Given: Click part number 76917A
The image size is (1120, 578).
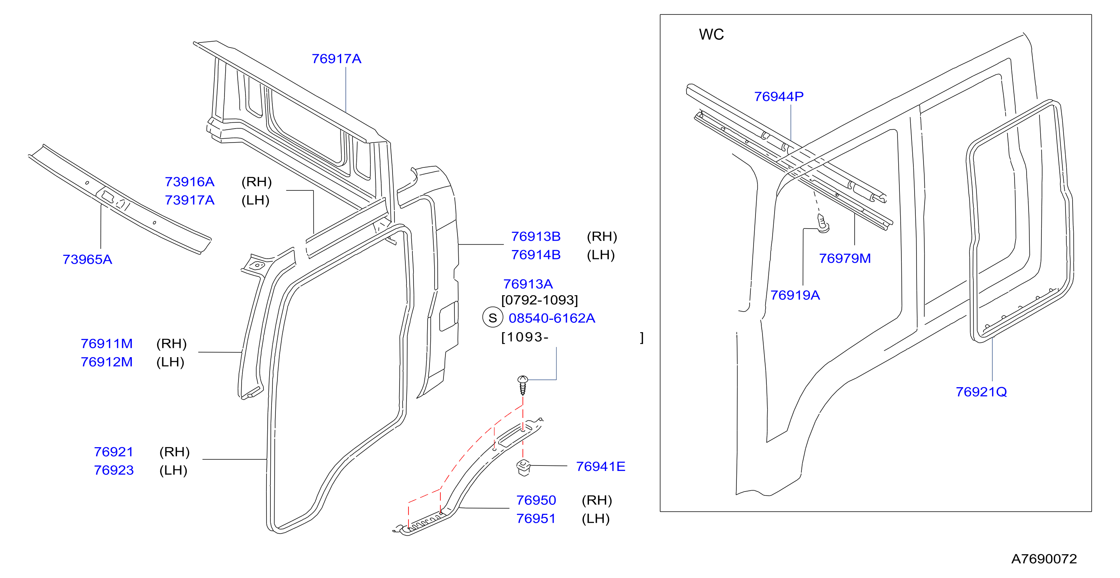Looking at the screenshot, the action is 337,59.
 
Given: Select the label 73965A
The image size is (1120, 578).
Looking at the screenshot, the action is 88,259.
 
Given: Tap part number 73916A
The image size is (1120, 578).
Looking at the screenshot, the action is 189,182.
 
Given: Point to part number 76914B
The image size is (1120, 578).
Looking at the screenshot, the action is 536,255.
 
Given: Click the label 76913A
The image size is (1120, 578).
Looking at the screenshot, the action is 528,284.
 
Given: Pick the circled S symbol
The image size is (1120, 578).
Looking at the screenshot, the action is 493,318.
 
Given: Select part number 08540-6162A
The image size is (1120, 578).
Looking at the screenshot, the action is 552,318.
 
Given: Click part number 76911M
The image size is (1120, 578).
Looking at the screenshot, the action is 107,344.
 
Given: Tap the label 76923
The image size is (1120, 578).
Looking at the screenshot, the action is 114,471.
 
